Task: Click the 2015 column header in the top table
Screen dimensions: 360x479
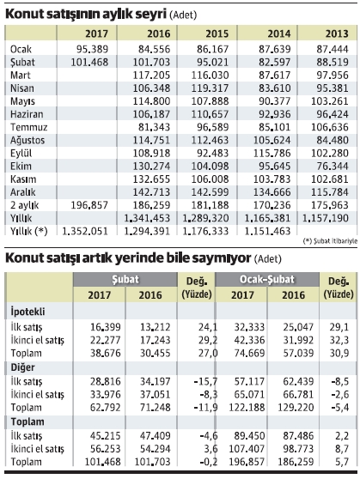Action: click(217, 33)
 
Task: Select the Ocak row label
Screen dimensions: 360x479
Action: click(21, 49)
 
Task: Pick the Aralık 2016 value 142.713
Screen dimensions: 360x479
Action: click(151, 191)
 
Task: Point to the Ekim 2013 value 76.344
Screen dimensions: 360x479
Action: click(333, 166)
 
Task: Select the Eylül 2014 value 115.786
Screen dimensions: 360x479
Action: click(272, 153)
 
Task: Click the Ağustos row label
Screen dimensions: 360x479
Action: click(27, 140)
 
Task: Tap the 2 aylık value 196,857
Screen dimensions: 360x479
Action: click(89, 205)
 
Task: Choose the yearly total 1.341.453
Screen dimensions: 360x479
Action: click(147, 218)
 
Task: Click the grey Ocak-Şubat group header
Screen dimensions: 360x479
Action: click(267, 279)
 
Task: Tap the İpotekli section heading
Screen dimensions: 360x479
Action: click(27, 312)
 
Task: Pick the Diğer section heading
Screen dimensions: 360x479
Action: click(22, 367)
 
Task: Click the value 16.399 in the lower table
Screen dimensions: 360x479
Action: click(105, 327)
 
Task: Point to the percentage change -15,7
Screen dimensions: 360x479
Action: click(205, 381)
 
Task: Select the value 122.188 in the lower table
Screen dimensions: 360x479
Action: click(247, 408)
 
